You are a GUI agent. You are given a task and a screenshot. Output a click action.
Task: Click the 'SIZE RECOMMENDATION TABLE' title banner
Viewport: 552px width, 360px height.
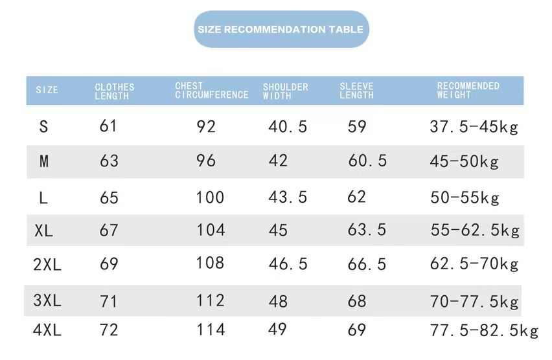point(281,30)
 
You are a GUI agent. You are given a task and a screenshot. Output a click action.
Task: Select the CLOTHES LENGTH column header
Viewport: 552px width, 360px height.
point(115,91)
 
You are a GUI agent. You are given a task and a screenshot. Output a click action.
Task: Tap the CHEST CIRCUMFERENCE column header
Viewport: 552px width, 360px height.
point(211,91)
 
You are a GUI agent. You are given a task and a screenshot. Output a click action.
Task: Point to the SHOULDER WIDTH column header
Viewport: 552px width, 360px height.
point(285,91)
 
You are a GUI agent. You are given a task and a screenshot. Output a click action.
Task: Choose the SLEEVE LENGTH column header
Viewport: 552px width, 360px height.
point(356,91)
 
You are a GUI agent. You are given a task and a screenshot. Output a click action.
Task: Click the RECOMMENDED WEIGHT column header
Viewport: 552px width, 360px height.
point(468,90)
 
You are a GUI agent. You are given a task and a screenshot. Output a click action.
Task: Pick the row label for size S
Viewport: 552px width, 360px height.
point(43,127)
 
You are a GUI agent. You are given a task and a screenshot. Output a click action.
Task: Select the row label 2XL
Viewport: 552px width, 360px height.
point(47,264)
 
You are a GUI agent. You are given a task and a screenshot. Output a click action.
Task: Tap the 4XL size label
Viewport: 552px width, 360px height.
point(47,330)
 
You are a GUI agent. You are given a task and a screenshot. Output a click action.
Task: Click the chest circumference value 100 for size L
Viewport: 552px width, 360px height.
point(210,197)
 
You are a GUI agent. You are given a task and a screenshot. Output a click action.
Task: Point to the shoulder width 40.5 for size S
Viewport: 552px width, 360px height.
point(288,127)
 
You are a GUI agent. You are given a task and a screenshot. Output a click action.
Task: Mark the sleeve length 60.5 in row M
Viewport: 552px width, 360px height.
point(367,161)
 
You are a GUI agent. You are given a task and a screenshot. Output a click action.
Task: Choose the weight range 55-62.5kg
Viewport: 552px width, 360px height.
point(475,231)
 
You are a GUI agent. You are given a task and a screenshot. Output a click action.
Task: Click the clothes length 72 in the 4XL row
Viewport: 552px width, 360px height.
point(109,330)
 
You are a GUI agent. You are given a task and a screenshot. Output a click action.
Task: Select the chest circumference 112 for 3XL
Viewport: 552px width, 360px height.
point(211,300)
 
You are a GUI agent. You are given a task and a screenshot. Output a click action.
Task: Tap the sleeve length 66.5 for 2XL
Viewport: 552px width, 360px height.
point(367,264)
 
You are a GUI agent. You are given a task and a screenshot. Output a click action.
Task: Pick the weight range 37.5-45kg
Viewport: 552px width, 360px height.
point(474,127)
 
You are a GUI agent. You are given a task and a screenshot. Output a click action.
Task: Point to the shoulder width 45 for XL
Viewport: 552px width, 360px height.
point(278,231)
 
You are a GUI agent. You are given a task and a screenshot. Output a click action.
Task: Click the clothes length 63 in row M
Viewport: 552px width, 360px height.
point(109,161)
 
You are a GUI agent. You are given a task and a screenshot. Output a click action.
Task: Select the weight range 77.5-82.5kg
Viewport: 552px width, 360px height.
point(484,331)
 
